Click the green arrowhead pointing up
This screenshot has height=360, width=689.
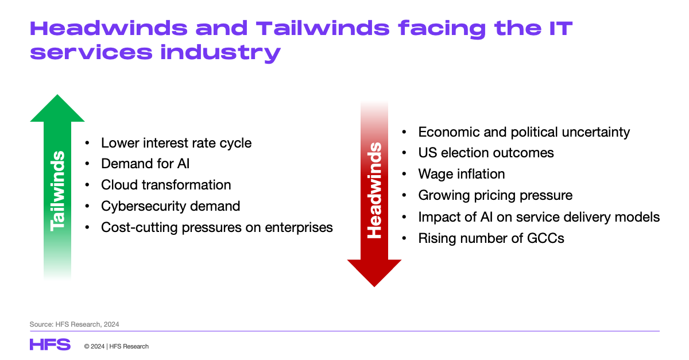tap(57, 109)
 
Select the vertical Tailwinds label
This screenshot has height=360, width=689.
tap(57, 191)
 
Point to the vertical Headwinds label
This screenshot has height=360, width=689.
tap(374, 191)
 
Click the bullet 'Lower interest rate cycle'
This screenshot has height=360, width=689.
tap(176, 143)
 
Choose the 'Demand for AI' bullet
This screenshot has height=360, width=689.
tap(145, 164)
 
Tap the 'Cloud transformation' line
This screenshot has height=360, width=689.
tap(166, 185)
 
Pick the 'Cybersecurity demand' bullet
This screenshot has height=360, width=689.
tap(171, 206)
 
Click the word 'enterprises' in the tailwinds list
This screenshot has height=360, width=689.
tap(299, 228)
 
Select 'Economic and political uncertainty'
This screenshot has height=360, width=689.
tap(524, 132)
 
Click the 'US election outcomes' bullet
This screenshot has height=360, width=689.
tap(486, 153)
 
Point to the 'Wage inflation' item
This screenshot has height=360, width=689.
tap(462, 174)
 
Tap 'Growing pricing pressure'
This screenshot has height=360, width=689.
tap(495, 196)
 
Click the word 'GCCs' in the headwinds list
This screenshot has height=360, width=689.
tap(545, 238)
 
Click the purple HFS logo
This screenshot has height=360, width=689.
tap(50, 344)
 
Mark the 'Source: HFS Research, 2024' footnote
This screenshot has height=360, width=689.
tap(74, 324)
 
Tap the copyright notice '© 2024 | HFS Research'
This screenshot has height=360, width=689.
tap(116, 346)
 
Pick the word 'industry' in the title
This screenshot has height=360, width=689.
tap(220, 53)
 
